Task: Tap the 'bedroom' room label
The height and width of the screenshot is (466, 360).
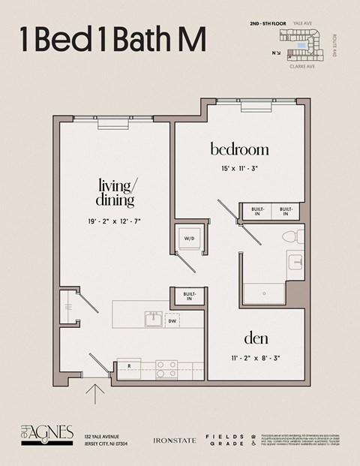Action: pos(239,149)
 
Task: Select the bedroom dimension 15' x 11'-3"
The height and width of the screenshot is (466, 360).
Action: pos(239,169)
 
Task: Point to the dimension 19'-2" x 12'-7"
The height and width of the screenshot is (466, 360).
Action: pos(115,221)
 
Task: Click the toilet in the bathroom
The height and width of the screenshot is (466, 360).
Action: pos(292,237)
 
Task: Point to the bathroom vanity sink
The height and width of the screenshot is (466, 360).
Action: pos(295,263)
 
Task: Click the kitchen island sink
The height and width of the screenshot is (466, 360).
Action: pos(153,320)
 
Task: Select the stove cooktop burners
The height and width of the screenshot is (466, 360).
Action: pos(166,368)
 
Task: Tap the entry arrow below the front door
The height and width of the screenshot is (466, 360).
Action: pos(96,394)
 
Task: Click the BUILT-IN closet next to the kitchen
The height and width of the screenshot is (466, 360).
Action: pos(188,296)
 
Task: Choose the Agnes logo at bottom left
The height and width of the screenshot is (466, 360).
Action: pos(46,433)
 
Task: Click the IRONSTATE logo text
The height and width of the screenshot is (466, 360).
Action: pos(174,440)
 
